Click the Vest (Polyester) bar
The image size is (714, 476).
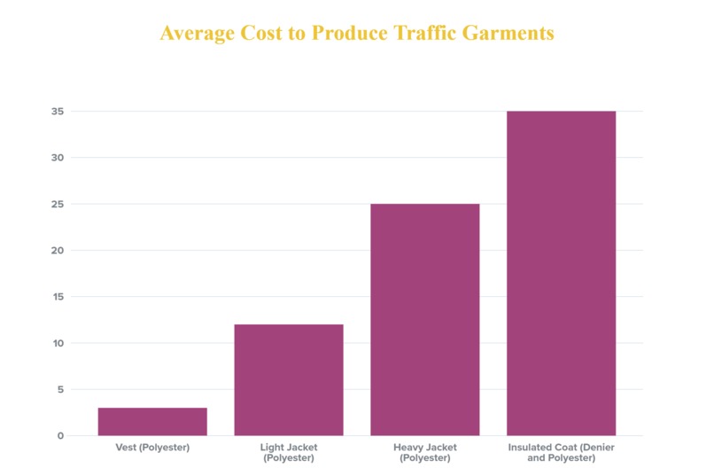(x=152, y=421)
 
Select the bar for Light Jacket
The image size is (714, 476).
(x=288, y=379)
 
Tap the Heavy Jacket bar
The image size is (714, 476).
(x=424, y=319)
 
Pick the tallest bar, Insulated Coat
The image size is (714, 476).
(x=561, y=273)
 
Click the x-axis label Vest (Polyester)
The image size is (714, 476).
(x=152, y=449)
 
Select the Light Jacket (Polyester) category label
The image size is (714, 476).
(x=288, y=453)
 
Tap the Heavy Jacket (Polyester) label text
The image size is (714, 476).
(x=424, y=453)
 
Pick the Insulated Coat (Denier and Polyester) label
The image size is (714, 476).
(x=561, y=453)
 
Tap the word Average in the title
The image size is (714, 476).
(x=195, y=33)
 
